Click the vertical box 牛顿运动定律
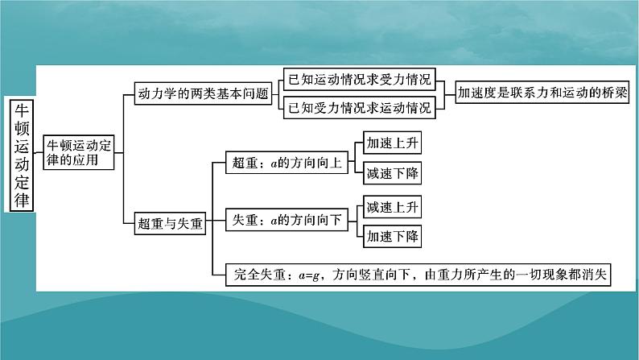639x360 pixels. [23, 155]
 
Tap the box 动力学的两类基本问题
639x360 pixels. [202, 93]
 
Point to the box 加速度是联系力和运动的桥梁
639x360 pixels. [542, 92]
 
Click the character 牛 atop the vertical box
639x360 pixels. [23, 111]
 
